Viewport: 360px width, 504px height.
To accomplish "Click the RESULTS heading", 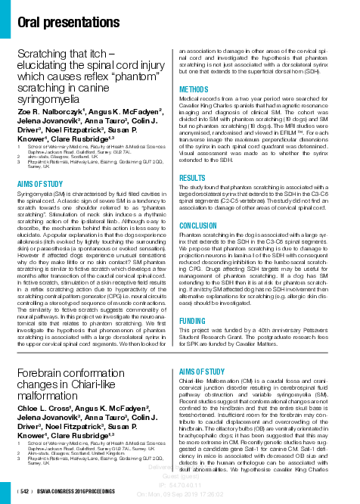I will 193,178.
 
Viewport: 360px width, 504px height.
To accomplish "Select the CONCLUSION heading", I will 198,226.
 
